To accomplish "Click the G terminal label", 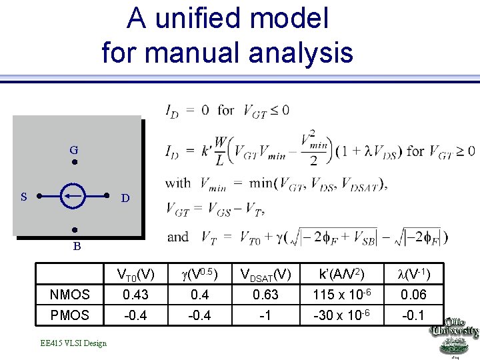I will [75, 150].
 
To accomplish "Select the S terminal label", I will [24, 197].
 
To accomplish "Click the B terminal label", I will [77, 246].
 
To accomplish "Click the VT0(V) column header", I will [135, 274].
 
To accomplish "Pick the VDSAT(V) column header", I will [265, 275].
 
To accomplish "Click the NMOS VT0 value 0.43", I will [135, 294].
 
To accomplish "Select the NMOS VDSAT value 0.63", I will [265, 294].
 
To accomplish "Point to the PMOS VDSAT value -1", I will [265, 313].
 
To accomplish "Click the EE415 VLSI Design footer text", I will [73, 343].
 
